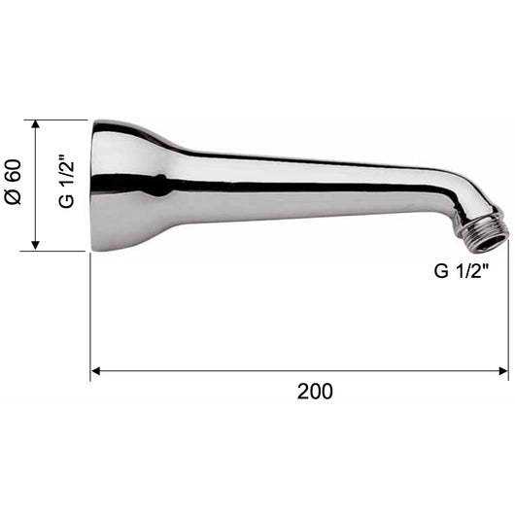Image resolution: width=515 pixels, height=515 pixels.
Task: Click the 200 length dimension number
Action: pyautogui.click(x=315, y=392)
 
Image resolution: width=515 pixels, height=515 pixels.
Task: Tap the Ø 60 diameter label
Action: pyautogui.click(x=14, y=183)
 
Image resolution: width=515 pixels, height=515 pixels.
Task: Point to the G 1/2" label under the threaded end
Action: pyautogui.click(x=462, y=271)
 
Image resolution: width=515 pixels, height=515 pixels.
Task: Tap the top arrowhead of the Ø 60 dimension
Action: pyautogui.click(x=36, y=124)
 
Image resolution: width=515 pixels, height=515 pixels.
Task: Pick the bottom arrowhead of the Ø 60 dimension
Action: pyautogui.click(x=36, y=246)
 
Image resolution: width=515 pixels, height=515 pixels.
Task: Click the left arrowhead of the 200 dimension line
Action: pyautogui.click(x=95, y=371)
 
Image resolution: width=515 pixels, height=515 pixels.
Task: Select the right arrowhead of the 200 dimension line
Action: pyautogui.click(x=503, y=371)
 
